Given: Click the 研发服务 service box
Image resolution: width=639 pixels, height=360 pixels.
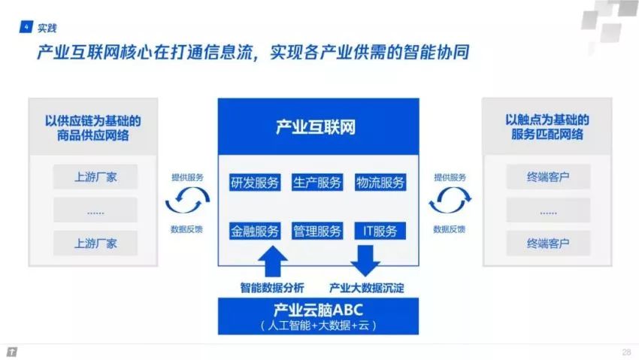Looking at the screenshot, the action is pyautogui.click(x=255, y=183).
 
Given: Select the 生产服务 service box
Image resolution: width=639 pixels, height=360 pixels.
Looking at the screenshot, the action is pyautogui.click(x=317, y=183).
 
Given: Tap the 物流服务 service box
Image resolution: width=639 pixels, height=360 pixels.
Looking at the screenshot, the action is pyautogui.click(x=380, y=183).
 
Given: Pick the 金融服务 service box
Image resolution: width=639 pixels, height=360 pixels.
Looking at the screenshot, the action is pyautogui.click(x=255, y=231).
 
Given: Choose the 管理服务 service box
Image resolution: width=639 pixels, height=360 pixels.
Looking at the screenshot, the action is pyautogui.click(x=317, y=231).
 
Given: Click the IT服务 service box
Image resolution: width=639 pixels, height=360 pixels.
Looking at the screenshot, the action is pyautogui.click(x=380, y=231).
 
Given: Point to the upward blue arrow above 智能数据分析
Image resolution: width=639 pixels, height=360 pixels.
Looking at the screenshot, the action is pyautogui.click(x=273, y=262).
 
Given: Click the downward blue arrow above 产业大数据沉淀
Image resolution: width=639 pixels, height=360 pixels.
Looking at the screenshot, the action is pyautogui.click(x=365, y=261).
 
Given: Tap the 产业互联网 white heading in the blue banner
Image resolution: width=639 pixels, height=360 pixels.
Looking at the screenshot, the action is pyautogui.click(x=316, y=127).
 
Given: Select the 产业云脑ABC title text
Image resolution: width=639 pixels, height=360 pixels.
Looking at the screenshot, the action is pyautogui.click(x=318, y=310).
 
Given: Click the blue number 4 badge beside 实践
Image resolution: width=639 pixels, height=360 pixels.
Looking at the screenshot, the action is pyautogui.click(x=26, y=27).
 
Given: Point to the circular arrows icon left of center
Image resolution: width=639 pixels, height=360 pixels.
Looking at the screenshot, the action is pyautogui.click(x=187, y=200).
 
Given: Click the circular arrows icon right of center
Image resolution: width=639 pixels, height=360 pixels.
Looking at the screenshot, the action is pyautogui.click(x=450, y=200).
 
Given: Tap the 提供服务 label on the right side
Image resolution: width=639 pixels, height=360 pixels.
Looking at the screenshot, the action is pyautogui.click(x=450, y=177).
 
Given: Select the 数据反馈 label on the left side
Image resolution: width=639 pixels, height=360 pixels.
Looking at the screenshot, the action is pyautogui.click(x=186, y=229).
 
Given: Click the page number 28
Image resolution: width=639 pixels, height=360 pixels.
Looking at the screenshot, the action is pyautogui.click(x=626, y=352).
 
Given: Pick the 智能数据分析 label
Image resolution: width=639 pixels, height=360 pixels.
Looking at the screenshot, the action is pyautogui.click(x=272, y=288).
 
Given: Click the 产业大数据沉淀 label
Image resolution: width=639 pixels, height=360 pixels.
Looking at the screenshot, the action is pyautogui.click(x=366, y=288).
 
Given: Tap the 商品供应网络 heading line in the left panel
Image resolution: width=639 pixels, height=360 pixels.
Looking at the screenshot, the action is pyautogui.click(x=93, y=135).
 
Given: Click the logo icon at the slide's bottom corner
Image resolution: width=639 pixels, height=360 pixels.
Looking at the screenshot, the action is pyautogui.click(x=12, y=352).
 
